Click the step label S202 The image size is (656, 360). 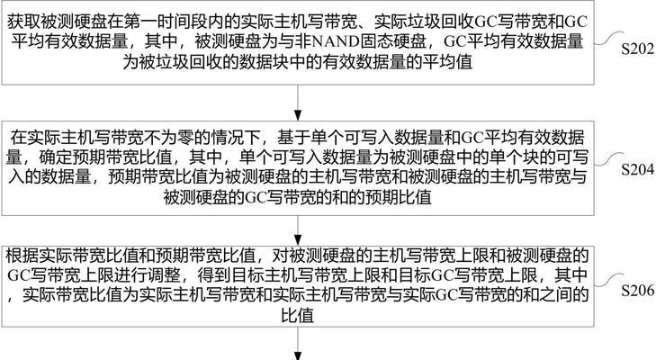[638, 49]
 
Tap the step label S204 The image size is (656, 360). [638, 169]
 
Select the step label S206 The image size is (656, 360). [638, 290]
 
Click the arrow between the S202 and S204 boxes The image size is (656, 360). [298, 103]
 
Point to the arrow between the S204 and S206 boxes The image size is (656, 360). [298, 230]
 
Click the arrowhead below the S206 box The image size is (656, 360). [298, 356]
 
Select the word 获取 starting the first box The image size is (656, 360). [23, 22]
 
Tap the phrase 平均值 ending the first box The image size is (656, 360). [447, 62]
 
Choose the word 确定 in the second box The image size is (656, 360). [56, 157]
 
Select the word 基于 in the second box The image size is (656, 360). [294, 138]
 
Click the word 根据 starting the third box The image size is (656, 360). [23, 256]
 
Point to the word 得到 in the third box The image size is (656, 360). [215, 276]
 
